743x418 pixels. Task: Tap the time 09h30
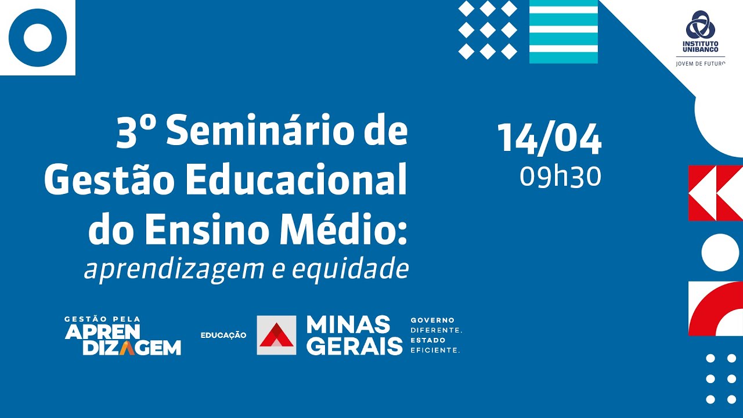[x=560, y=176]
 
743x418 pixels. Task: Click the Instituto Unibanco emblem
[x=701, y=26]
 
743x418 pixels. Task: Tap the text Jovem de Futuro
[x=701, y=63]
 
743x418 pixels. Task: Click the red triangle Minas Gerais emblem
[x=276, y=335]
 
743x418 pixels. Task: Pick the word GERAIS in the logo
[x=354, y=345]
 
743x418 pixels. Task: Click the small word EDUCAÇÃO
[x=223, y=336]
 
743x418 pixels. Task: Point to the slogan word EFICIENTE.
[x=435, y=350]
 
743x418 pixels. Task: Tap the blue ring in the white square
[x=38, y=38]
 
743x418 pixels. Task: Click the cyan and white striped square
[x=563, y=31]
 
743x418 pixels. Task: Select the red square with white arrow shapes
[x=715, y=193]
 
